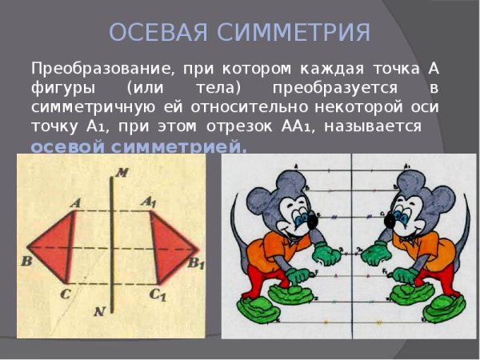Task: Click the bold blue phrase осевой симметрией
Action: point(138,147)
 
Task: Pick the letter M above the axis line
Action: point(121,172)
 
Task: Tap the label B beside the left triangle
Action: point(26,261)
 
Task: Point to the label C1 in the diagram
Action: point(158,294)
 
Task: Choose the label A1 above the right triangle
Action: point(150,202)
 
